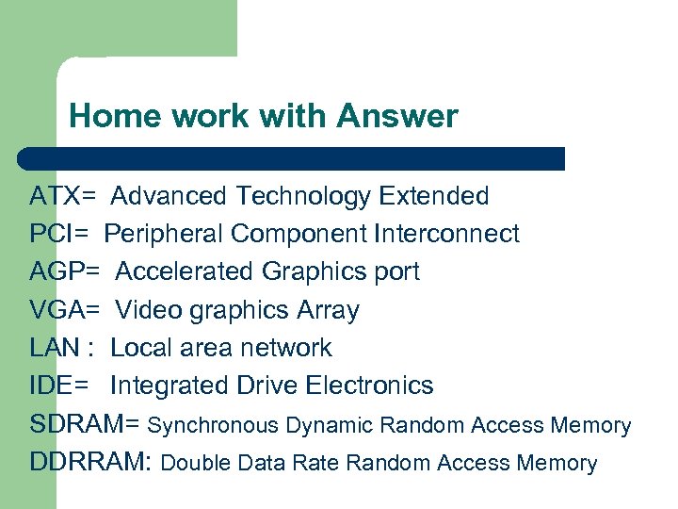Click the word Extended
click(x=433, y=196)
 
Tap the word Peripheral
click(x=164, y=234)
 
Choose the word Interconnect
click(x=446, y=234)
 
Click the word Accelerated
click(x=186, y=271)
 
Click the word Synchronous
click(x=214, y=426)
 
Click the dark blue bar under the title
click(x=292, y=158)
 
